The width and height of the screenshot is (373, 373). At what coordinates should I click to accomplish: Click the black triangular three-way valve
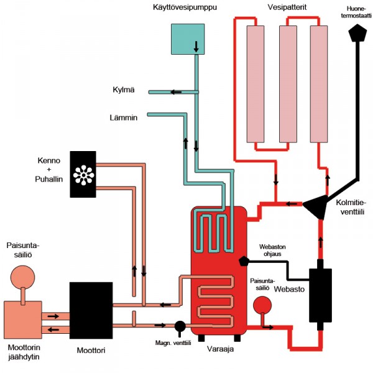[318, 205]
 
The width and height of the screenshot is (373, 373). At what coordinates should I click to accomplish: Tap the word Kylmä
[124, 92]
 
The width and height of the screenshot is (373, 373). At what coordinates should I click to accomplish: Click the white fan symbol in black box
[83, 175]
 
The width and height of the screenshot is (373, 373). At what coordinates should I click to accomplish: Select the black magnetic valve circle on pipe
[181, 325]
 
